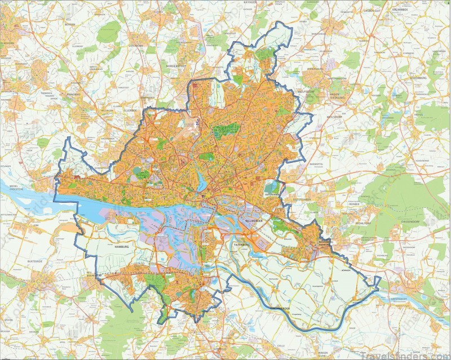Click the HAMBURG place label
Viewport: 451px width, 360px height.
tap(122, 247)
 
